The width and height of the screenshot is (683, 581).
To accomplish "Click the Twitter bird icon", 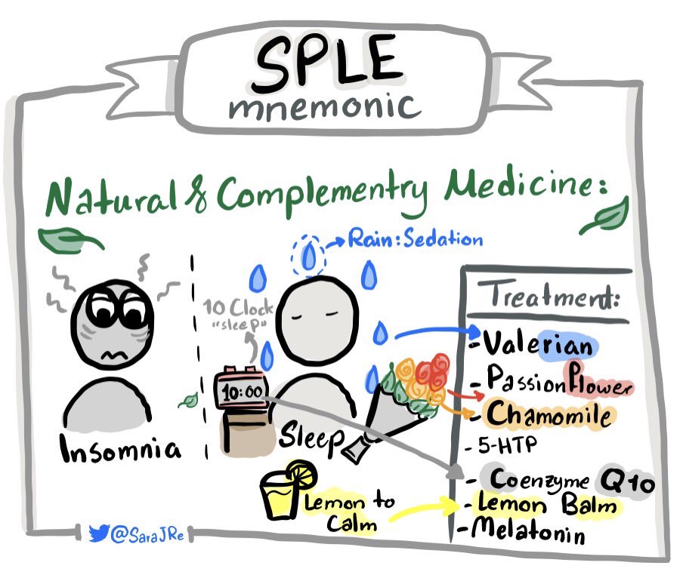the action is (x=98, y=533).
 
